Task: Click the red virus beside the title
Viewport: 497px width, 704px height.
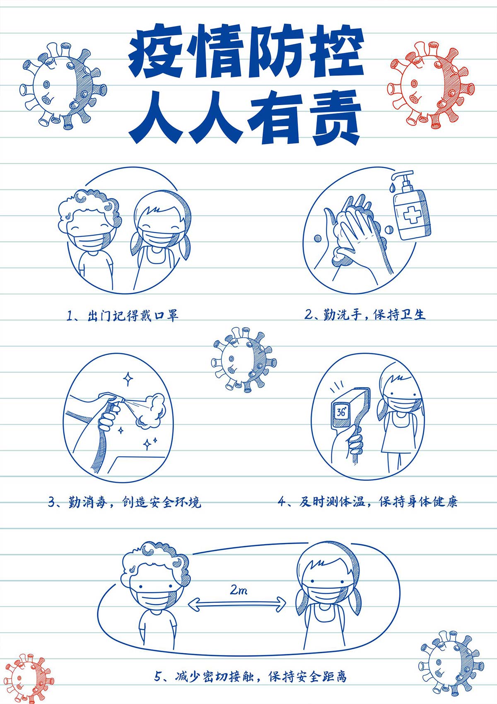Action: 431,85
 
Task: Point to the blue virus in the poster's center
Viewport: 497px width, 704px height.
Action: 244,359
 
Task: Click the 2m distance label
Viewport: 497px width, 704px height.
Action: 239,591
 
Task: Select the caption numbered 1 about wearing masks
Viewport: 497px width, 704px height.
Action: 123,315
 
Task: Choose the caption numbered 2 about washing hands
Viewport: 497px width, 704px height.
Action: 365,314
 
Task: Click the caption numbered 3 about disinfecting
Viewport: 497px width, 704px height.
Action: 125,502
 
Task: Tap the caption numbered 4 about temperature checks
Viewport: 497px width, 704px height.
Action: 367,501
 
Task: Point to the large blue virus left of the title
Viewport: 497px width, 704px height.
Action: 63,86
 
